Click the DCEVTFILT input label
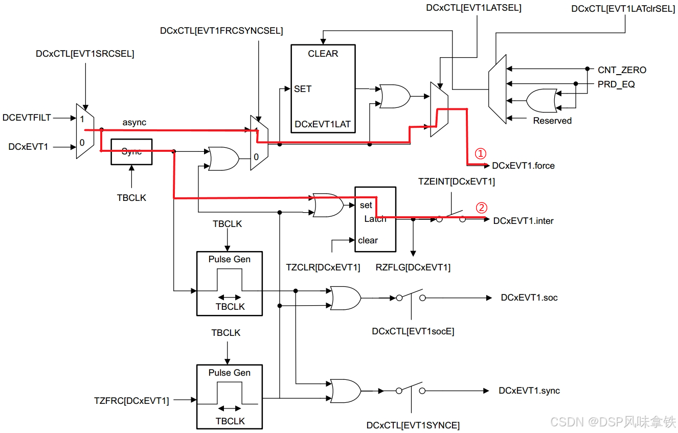(x=27, y=118)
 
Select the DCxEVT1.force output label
(x=523, y=166)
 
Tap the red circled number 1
(x=480, y=153)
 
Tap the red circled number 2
(x=481, y=208)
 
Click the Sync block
(x=131, y=152)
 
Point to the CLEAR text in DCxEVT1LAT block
(x=323, y=54)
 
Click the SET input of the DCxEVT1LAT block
(x=302, y=89)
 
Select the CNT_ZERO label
(x=622, y=70)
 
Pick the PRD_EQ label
(x=616, y=84)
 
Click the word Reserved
(x=552, y=121)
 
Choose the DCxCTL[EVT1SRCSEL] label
(x=85, y=54)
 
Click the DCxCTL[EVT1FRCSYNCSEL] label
(x=221, y=31)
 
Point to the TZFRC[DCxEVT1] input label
(x=131, y=401)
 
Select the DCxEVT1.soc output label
(x=529, y=298)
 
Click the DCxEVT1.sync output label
(x=529, y=391)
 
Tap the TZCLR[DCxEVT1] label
(x=323, y=267)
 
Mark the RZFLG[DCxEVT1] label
(x=413, y=267)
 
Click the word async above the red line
(x=134, y=123)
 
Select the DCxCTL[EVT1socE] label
(x=413, y=331)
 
